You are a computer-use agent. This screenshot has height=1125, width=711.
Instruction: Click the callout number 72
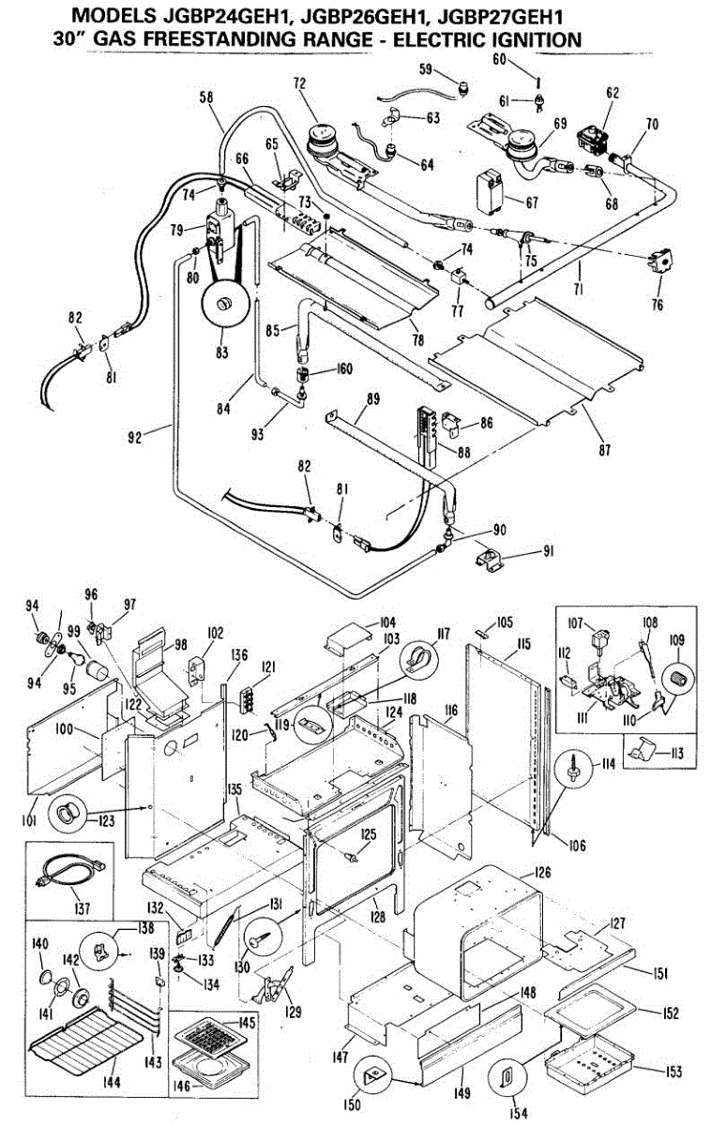[x=299, y=83]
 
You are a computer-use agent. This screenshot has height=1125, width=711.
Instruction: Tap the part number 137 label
[x=82, y=907]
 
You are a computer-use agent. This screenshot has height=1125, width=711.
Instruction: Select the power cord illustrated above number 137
[x=72, y=874]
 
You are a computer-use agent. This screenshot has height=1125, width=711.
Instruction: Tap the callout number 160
[x=344, y=369]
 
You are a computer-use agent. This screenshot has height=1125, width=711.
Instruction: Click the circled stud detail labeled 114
[x=573, y=766]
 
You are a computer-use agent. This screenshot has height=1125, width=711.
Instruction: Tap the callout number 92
[x=135, y=437]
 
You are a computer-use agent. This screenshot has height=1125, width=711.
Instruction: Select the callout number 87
[x=605, y=449]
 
